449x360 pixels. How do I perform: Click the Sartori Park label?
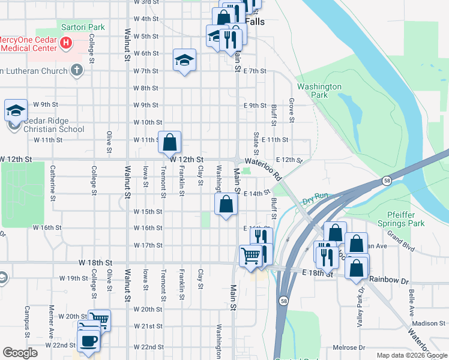pos(83,27)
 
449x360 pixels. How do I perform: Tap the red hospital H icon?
pos(67,43)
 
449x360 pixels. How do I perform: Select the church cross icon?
pos(76,70)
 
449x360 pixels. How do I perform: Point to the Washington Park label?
pos(319,91)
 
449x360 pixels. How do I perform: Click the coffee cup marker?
pos(89,341)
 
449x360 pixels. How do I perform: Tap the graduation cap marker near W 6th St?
pos(185,59)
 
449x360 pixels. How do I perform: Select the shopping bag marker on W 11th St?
pos(170,143)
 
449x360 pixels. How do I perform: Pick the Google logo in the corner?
pos(20,352)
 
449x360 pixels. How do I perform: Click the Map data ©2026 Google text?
pos(412,355)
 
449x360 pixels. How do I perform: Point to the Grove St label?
pos(291,111)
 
